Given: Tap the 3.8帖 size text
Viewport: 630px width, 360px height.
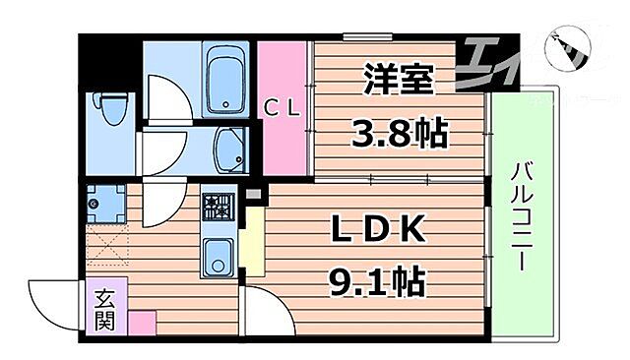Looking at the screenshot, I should click(399, 133).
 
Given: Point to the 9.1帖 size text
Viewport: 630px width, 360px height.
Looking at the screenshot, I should click(374, 282).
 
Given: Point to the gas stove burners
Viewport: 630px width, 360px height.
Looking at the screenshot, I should click(218, 207).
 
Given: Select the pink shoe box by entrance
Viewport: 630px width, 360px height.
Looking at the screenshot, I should click(141, 322).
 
